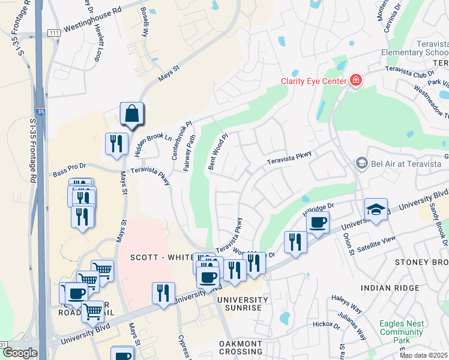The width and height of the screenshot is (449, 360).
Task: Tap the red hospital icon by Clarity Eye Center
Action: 356,80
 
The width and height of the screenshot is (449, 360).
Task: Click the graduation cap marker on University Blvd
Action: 376,209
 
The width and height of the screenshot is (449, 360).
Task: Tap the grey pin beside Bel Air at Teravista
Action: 361,163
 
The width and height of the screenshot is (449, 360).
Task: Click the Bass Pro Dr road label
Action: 70,173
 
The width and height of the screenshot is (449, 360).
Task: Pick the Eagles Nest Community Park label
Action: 402,332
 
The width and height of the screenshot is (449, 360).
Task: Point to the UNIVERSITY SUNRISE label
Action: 240,303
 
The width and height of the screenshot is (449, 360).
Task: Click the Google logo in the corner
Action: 19,353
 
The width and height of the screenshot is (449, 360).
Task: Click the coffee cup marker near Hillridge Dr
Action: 318,222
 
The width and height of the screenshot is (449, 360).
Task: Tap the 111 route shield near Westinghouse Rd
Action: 54,32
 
